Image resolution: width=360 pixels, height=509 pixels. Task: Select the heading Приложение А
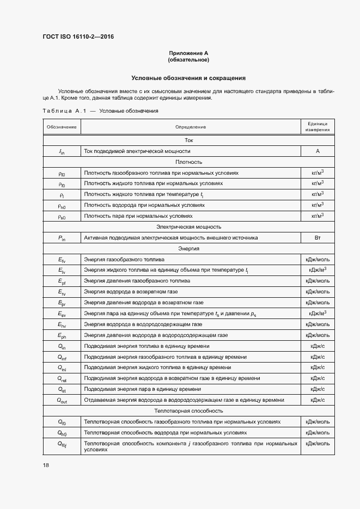[x=188, y=53]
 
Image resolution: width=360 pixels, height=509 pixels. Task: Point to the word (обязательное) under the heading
[x=188, y=59]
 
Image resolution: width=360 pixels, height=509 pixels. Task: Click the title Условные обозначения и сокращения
[x=188, y=78]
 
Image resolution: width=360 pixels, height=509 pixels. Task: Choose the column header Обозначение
[x=62, y=127]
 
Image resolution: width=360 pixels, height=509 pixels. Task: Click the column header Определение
[x=191, y=127]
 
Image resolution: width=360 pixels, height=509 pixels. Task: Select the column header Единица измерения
[x=317, y=127]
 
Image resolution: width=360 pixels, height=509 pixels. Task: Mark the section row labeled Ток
[x=188, y=140]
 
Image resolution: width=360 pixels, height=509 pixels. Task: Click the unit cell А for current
[x=317, y=151]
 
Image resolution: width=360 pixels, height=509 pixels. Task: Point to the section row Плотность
[x=188, y=162]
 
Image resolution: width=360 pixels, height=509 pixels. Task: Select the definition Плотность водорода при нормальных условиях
[x=144, y=205]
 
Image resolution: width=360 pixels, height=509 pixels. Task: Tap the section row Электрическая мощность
[x=188, y=227]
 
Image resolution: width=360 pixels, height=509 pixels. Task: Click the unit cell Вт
[x=317, y=238]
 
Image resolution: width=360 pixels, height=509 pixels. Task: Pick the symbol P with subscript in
[x=62, y=238]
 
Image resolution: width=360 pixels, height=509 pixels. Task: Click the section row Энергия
[x=188, y=249]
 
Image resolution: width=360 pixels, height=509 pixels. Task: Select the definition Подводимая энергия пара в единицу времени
[x=143, y=389]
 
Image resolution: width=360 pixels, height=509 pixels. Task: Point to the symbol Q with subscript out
[x=62, y=400]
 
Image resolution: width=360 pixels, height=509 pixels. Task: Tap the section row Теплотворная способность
[x=188, y=411]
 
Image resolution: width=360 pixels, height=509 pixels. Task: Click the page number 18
[x=46, y=465]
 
